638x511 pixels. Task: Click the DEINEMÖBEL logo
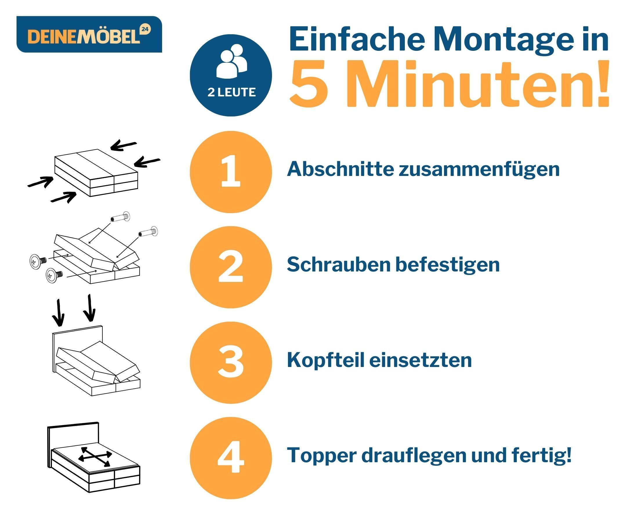[x=89, y=34]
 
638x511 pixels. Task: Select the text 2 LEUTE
[x=231, y=92]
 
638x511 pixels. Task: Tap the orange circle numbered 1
[x=231, y=172]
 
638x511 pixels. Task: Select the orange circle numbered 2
[x=231, y=267]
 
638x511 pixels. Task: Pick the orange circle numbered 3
[x=231, y=363]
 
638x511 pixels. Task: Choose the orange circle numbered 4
[x=231, y=458]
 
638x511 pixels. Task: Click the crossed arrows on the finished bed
[x=95, y=457]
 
